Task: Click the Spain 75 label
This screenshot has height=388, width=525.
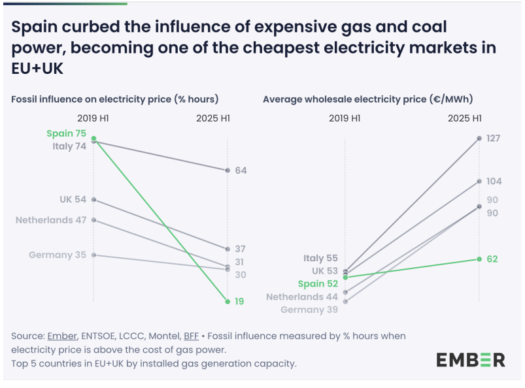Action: pyautogui.click(x=66, y=134)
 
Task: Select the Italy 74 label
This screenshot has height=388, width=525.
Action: pyautogui.click(x=69, y=146)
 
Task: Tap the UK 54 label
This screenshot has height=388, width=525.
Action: pyautogui.click(x=73, y=199)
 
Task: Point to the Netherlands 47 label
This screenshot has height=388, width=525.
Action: pyautogui.click(x=51, y=220)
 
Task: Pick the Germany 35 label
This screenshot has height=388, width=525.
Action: pyautogui.click(x=58, y=255)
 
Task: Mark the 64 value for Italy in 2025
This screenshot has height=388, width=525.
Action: pyautogui.click(x=241, y=170)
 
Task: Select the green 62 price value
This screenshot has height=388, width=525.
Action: pyautogui.click(x=492, y=259)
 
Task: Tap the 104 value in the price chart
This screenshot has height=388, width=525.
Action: pyautogui.click(x=494, y=182)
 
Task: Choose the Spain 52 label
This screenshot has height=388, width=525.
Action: pyautogui.click(x=318, y=284)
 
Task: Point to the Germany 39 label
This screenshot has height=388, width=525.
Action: pyautogui.click(x=309, y=310)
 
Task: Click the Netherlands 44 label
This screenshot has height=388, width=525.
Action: pyautogui.click(x=302, y=297)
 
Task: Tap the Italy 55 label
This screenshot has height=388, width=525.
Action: pyautogui.click(x=320, y=259)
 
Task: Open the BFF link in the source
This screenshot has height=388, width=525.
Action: pyautogui.click(x=191, y=336)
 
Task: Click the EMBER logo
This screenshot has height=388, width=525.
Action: pyautogui.click(x=471, y=359)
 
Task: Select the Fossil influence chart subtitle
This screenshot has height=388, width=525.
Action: pyautogui.click(x=114, y=99)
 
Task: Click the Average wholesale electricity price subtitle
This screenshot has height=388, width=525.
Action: pyautogui.click(x=367, y=99)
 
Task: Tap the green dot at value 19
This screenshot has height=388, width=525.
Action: pyautogui.click(x=227, y=301)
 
